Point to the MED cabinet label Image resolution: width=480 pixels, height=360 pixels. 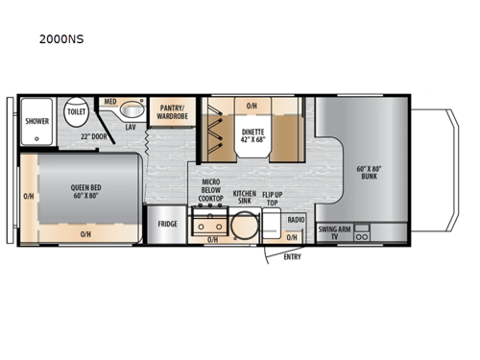(109, 102)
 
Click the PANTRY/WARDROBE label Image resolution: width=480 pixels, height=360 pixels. (172, 111)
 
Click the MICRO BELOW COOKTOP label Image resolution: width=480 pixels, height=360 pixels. (212, 192)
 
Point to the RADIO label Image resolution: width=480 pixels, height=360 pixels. (296, 221)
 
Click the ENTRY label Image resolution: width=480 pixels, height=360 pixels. (292, 256)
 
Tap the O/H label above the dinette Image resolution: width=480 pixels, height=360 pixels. (252, 106)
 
